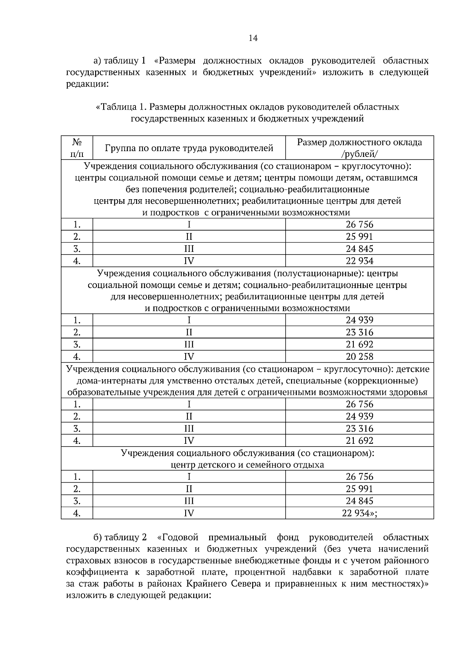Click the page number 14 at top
click(253, 38)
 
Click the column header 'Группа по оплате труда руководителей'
click(189, 148)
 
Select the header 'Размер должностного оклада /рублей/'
click(359, 148)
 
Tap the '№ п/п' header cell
click(77, 148)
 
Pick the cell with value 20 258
click(359, 356)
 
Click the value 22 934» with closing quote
click(359, 513)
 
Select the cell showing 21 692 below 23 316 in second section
click(359, 344)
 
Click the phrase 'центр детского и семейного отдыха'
click(247, 465)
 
